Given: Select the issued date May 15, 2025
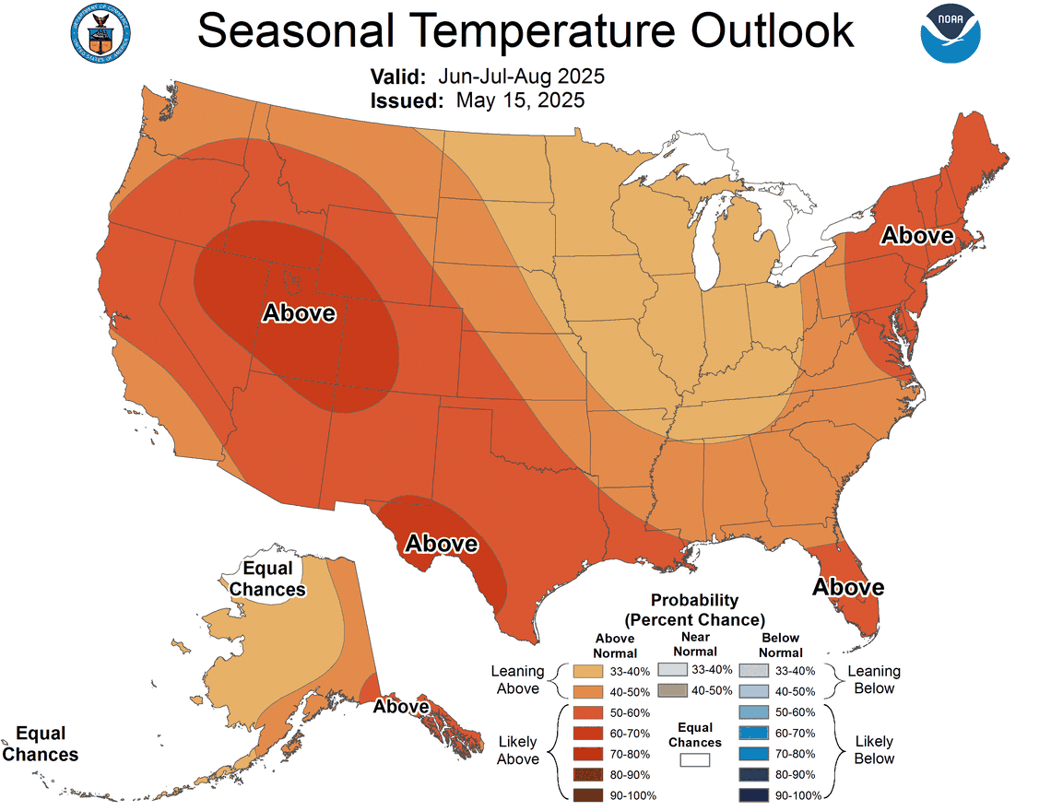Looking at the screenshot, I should [520, 100].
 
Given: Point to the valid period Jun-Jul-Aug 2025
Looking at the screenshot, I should [520, 76].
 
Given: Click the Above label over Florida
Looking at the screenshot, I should [847, 587].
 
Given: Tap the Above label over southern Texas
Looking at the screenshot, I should [442, 544].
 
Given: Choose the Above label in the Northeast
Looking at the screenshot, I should [916, 235].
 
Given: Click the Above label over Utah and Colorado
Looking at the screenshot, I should [300, 313].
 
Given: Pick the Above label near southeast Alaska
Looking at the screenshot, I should [401, 707].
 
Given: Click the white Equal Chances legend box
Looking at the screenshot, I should [695, 760].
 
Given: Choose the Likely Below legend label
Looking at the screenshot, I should [873, 749].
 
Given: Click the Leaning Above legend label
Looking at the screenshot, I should [518, 680].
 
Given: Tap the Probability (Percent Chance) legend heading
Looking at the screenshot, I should [694, 609].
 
